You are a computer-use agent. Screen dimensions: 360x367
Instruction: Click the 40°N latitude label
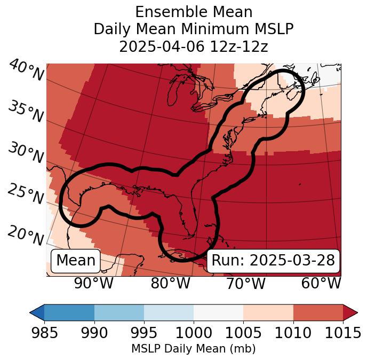click(x=26, y=71)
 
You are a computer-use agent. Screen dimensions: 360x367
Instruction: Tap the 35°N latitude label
click(x=25, y=112)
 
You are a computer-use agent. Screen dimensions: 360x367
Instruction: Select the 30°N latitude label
click(x=25, y=153)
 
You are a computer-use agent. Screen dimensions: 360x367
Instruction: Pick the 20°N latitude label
click(x=25, y=235)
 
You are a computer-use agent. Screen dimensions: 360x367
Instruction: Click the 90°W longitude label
click(x=93, y=283)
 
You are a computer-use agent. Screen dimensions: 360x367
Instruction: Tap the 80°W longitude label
click(x=170, y=283)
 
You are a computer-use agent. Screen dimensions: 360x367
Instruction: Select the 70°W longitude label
click(x=245, y=283)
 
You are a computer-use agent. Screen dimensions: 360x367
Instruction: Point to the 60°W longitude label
click(x=321, y=283)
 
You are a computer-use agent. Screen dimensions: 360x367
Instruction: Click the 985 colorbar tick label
click(x=44, y=333)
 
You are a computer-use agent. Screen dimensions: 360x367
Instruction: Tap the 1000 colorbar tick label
click(x=194, y=333)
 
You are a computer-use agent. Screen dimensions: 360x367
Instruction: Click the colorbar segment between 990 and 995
click(x=119, y=312)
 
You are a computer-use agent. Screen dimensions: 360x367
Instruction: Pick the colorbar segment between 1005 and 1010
click(x=268, y=312)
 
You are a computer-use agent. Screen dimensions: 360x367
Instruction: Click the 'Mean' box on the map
click(x=76, y=261)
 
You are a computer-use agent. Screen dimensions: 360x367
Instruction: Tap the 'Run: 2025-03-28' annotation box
click(x=273, y=261)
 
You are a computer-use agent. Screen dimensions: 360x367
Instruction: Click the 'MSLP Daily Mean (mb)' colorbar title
click(x=194, y=349)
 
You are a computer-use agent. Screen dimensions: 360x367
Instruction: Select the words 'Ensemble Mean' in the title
click(x=194, y=12)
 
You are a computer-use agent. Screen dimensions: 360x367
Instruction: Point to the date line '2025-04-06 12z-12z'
click(x=194, y=46)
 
